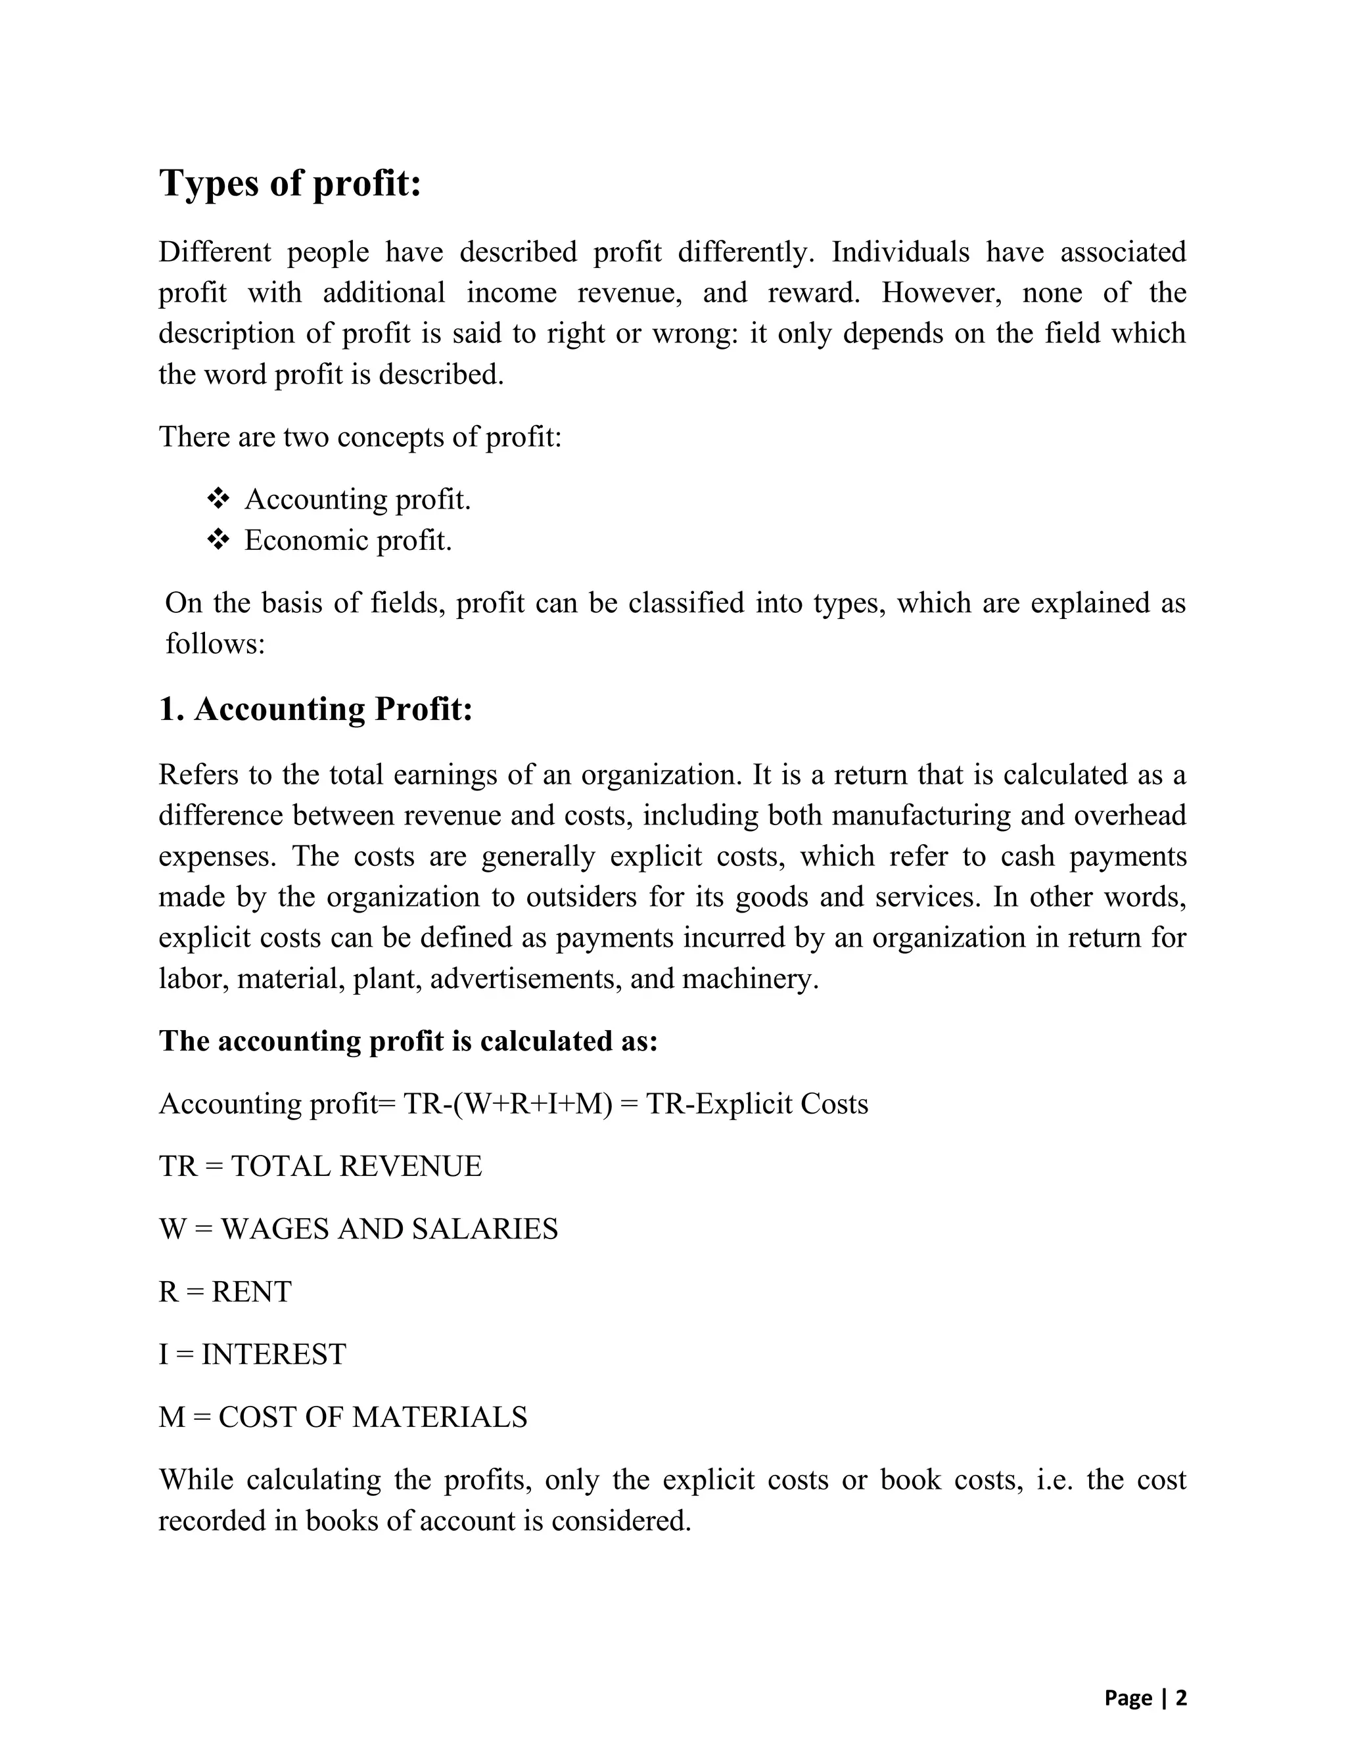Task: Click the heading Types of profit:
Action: pyautogui.click(x=290, y=183)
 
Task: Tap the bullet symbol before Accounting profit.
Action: pyautogui.click(x=218, y=500)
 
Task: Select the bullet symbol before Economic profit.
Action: pyautogui.click(x=218, y=541)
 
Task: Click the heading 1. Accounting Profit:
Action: pyautogui.click(x=315, y=709)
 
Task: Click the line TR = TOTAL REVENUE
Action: pyautogui.click(x=321, y=1166)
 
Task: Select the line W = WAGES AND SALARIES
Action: pyautogui.click(x=358, y=1229)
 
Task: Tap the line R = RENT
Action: pyautogui.click(x=225, y=1292)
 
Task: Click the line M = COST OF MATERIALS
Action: pyautogui.click(x=343, y=1416)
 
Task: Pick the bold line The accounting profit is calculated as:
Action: pyautogui.click(x=408, y=1041)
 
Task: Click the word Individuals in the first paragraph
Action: pyautogui.click(x=900, y=252)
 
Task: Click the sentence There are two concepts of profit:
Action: pyautogui.click(x=360, y=437)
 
